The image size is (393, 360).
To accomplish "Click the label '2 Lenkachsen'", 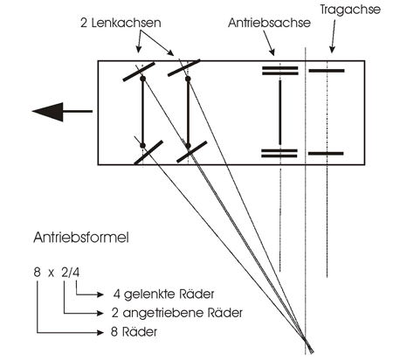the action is (121, 23).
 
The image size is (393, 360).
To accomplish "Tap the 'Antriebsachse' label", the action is (269, 23).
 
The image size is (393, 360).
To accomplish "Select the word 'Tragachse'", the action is (350, 10).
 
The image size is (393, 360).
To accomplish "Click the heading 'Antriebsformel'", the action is (81, 238).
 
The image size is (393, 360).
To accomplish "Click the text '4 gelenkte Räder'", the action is (164, 294).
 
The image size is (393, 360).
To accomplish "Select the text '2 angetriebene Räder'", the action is (177, 313).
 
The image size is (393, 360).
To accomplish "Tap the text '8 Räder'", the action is (134, 332).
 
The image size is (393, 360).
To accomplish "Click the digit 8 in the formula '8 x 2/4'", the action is (37, 273).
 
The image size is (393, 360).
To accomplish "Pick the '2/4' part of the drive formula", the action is (71, 273).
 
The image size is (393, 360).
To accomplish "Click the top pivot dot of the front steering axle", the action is (142, 79).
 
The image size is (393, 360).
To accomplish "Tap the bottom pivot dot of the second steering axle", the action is (188, 146).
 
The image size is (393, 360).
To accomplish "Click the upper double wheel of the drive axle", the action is (280, 71).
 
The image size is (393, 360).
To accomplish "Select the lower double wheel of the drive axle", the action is (279, 154).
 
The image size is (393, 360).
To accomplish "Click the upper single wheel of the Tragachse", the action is (327, 71).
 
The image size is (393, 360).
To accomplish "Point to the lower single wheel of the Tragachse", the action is (326, 154).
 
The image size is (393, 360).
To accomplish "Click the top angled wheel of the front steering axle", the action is (139, 72).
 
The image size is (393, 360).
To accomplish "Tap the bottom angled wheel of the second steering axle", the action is (192, 152).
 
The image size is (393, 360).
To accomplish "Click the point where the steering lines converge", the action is (305, 339).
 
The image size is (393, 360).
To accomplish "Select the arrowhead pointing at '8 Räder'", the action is (100, 332).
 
